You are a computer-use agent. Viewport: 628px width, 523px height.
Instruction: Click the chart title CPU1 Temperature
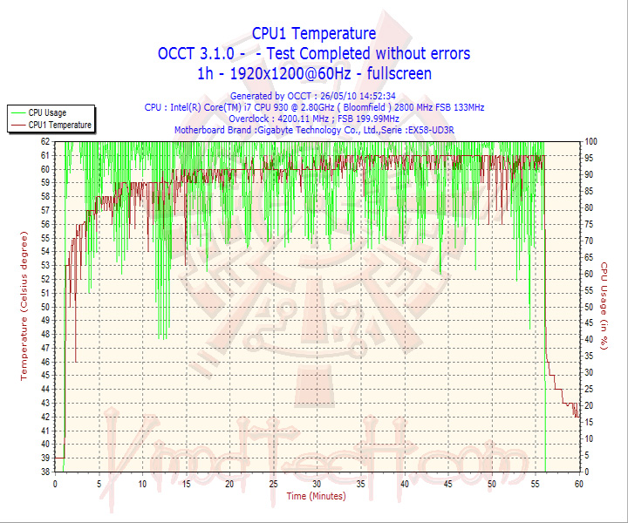[x=314, y=33]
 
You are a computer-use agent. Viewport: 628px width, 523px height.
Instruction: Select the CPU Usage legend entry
[x=47, y=112]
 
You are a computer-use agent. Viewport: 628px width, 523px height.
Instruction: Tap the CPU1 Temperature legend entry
[x=59, y=125]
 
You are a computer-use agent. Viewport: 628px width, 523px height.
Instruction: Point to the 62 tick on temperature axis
[x=44, y=141]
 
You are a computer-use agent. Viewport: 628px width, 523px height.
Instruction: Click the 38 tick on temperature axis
[x=44, y=472]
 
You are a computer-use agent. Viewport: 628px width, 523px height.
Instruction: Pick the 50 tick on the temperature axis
[x=44, y=306]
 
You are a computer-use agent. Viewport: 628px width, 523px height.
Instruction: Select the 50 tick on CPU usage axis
[x=590, y=306]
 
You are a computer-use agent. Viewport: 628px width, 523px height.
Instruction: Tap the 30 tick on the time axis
[x=317, y=483]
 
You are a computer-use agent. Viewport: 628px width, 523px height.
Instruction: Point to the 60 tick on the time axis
[x=578, y=483]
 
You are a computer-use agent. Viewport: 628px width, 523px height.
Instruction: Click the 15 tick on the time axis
[x=186, y=483]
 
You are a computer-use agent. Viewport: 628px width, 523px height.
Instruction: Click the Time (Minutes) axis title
[x=316, y=496]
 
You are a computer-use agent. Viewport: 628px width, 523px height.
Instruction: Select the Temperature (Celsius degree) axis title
[x=24, y=306]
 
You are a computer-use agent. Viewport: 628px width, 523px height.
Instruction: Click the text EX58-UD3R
[x=447, y=130]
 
